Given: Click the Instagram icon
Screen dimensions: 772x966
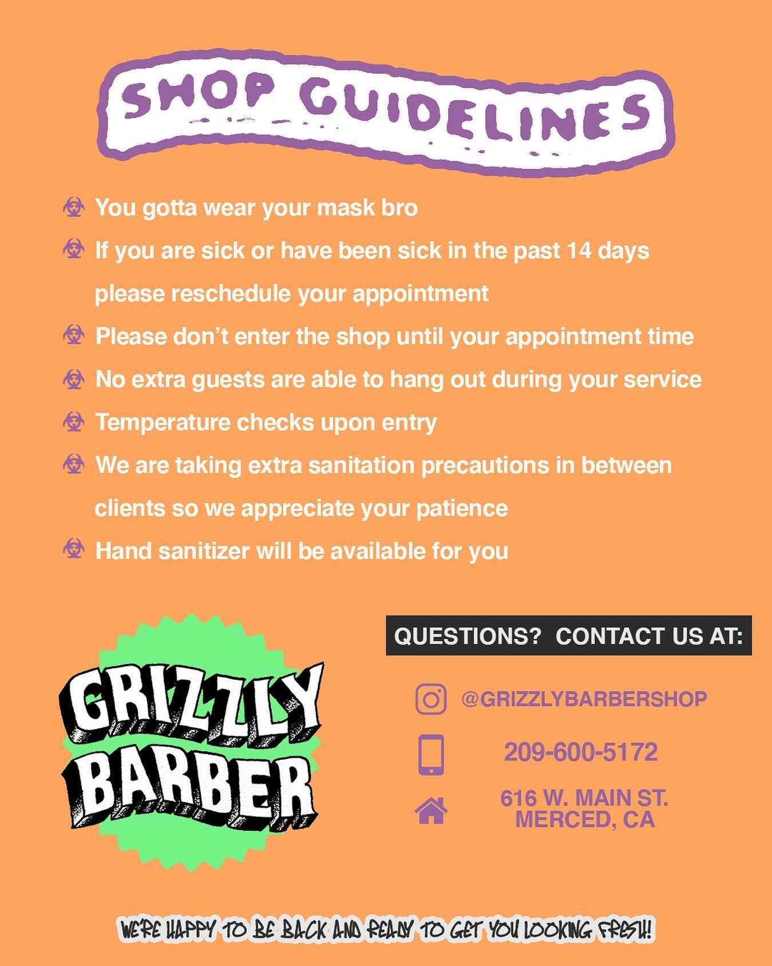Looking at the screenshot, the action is pos(431,699).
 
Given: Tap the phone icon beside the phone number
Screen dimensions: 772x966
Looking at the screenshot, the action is pos(431,755).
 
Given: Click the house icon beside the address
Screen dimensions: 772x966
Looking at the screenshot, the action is pos(431,810).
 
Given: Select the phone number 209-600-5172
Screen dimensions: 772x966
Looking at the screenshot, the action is pos(581,752).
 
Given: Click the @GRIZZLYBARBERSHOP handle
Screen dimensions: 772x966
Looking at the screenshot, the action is pos(584,699).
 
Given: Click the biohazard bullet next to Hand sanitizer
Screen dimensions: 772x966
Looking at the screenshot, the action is pos(74,549).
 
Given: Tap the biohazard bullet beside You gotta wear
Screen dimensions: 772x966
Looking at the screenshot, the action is pos(74,207).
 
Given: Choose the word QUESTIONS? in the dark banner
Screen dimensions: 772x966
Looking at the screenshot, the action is pos(468,636).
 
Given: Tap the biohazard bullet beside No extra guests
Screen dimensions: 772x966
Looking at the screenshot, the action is pos(74,378).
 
